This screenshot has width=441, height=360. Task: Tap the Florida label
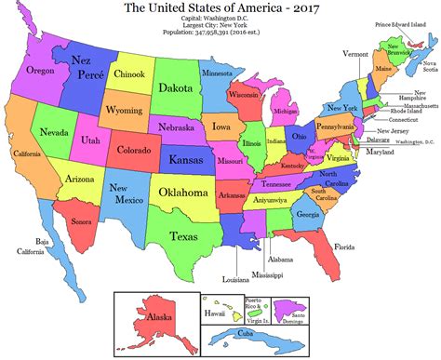coord(344,248)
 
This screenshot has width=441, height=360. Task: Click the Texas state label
coord(185,237)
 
